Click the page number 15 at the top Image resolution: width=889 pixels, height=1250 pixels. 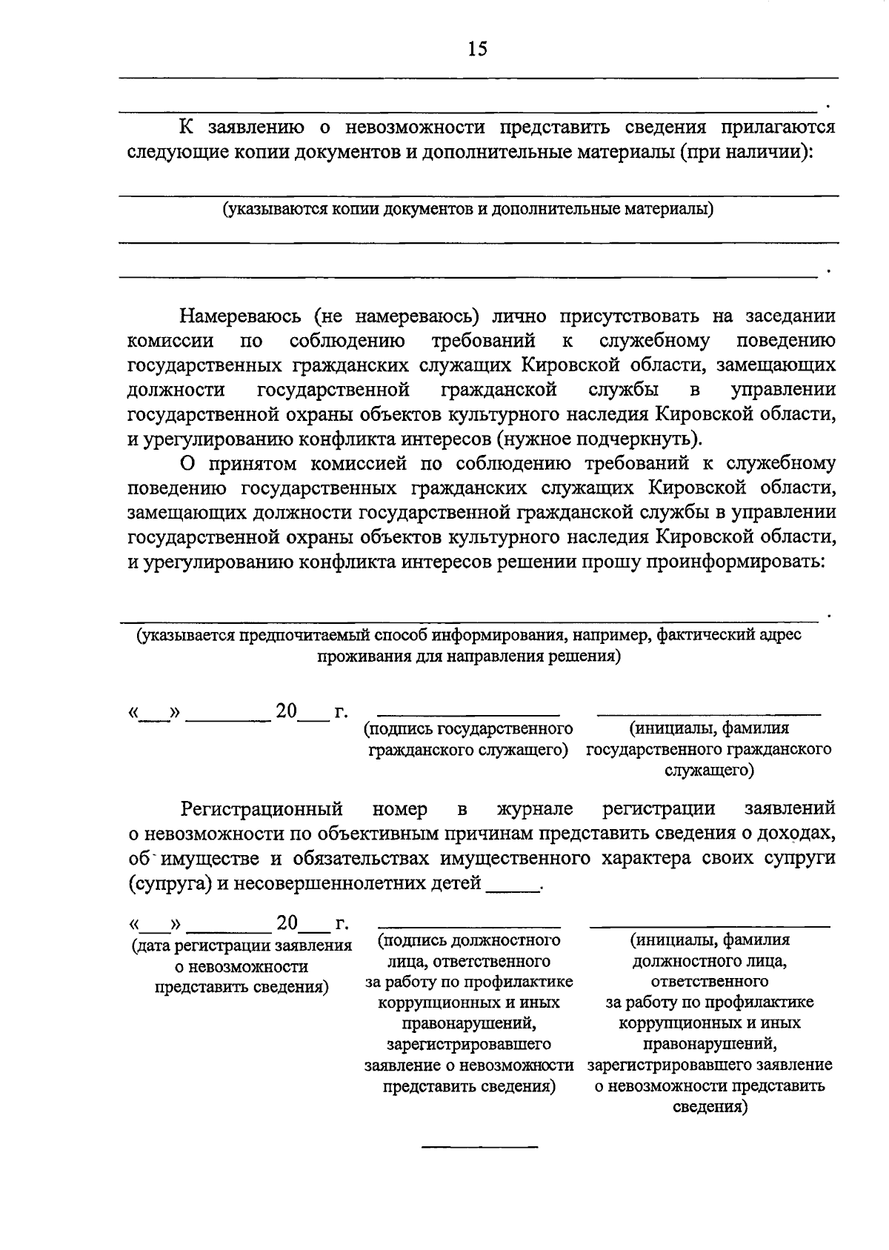point(476,49)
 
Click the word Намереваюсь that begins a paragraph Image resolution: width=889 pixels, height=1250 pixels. point(241,316)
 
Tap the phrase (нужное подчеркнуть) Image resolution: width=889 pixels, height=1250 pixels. point(599,439)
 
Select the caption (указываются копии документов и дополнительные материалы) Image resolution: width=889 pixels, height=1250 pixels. point(468,209)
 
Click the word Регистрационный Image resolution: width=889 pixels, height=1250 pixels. point(262,808)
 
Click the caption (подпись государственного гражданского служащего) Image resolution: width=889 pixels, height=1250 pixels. point(468,739)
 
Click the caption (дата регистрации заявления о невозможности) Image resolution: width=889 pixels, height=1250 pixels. point(241,956)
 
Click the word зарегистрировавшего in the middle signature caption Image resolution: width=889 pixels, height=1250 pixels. point(468,1044)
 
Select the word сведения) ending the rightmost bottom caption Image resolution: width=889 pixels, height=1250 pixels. point(710,1108)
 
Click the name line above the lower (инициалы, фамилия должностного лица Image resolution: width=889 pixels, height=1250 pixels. point(710,926)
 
